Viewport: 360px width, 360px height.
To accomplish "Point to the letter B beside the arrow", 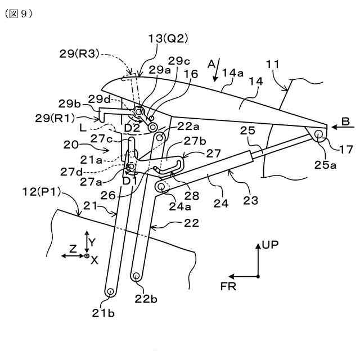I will tap(345, 120).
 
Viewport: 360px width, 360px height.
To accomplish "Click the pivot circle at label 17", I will tap(318, 134).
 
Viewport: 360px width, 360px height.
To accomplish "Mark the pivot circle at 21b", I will tap(110, 292).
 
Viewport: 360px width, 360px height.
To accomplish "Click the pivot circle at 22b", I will tap(136, 276).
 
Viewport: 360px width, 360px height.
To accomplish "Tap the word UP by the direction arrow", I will tap(270, 245).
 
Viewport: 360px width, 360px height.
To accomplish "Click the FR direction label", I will tap(228, 286).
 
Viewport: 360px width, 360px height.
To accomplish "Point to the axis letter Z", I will tap(73, 247).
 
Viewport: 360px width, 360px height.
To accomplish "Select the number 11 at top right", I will tap(273, 65).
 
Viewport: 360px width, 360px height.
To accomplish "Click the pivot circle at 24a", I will tap(161, 187).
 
